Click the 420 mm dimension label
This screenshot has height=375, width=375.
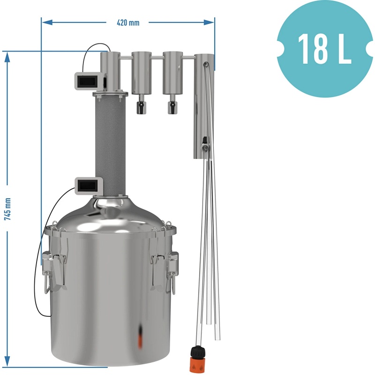tap(128, 22)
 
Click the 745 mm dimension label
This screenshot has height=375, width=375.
tap(7, 209)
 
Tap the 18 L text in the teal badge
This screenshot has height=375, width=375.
tap(324, 49)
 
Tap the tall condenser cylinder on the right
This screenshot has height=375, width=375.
tap(204, 106)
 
